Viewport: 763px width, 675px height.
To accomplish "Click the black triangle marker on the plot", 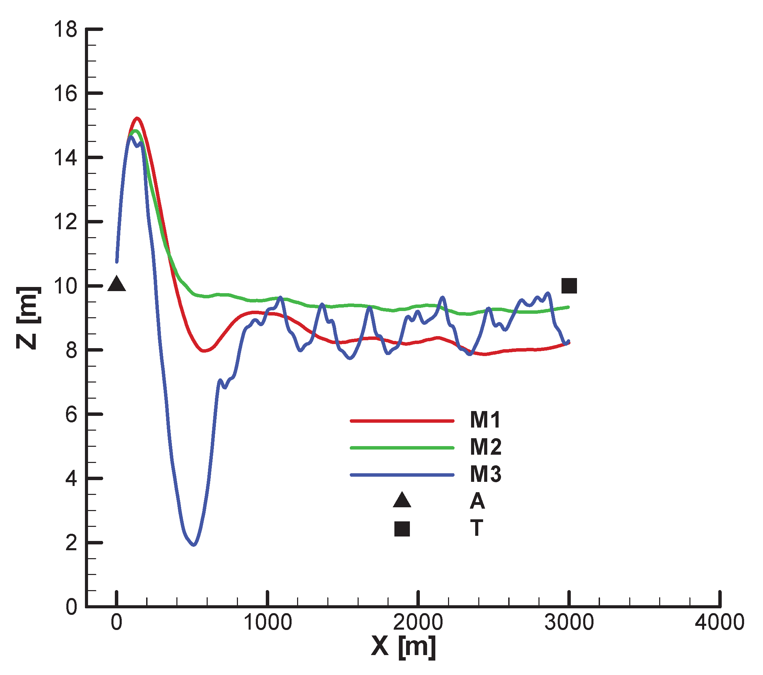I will (x=117, y=284).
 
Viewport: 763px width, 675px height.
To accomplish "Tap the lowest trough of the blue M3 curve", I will (x=193, y=545).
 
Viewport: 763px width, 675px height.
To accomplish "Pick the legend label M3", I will (x=485, y=474).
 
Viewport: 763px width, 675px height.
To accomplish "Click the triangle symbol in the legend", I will (x=402, y=501).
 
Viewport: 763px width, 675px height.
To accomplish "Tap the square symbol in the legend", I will (x=402, y=529).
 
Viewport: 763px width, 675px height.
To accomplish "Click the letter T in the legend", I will (x=477, y=528).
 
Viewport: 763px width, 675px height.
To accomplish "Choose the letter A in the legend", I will (x=477, y=501).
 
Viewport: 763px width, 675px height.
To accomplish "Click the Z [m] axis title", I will (x=28, y=318).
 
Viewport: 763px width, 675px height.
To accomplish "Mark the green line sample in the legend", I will (x=402, y=448).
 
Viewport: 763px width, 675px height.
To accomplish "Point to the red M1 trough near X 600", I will (x=204, y=351).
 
